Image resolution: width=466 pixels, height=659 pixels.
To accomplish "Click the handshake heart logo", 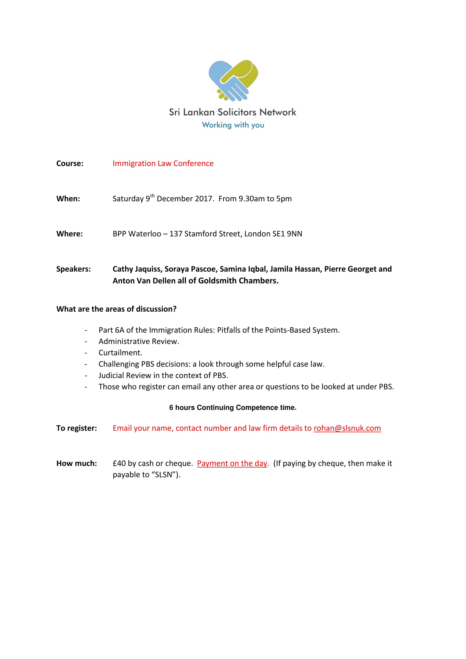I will [x=233, y=80].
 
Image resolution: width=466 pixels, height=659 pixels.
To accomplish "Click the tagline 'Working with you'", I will [x=233, y=125].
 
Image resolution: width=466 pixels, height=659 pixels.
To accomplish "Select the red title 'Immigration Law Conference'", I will [x=163, y=163].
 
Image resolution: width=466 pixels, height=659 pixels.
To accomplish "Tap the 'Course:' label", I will [x=70, y=163].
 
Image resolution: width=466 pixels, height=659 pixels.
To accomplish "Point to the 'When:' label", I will [x=68, y=199].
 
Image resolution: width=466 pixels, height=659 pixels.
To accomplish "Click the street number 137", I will [x=176, y=234].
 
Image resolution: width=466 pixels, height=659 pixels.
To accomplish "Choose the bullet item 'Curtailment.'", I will [x=120, y=352].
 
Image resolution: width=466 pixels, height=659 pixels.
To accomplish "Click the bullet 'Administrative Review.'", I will [x=139, y=341].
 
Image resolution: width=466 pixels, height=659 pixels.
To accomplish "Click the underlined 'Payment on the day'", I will [x=232, y=463].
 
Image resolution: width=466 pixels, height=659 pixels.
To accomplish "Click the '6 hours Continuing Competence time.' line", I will [x=233, y=408].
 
